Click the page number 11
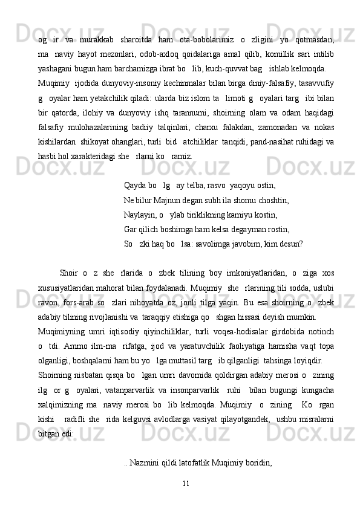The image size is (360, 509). tap(186, 483)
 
